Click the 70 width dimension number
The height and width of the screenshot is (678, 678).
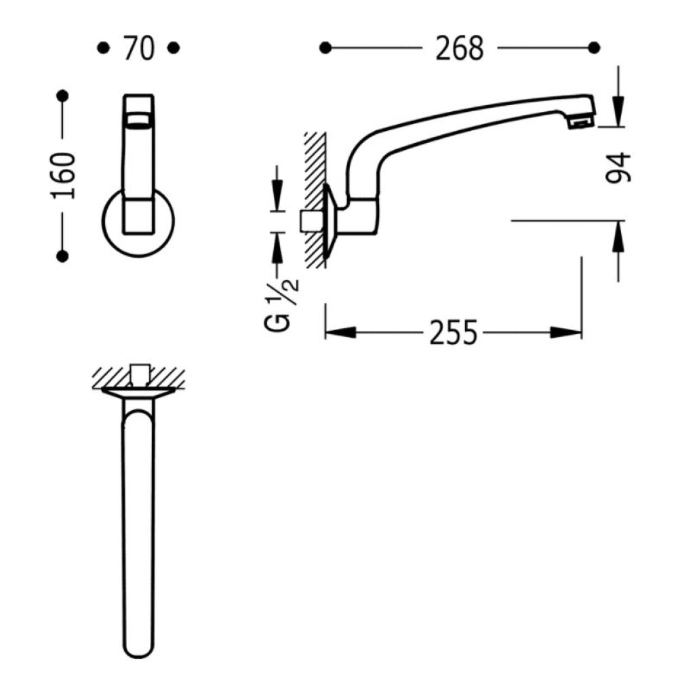click(x=138, y=48)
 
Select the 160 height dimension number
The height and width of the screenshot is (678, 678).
click(x=63, y=176)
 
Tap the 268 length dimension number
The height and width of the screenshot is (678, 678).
click(x=459, y=48)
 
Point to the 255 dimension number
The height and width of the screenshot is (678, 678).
click(x=454, y=332)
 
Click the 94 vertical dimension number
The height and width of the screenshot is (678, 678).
click(x=618, y=167)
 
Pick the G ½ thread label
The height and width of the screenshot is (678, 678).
click(x=282, y=302)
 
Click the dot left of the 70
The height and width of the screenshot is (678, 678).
click(x=103, y=48)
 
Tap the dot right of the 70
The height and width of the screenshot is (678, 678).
click(x=174, y=48)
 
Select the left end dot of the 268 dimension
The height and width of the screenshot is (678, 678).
click(x=325, y=48)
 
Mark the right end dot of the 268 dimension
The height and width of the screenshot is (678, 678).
click(x=594, y=48)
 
